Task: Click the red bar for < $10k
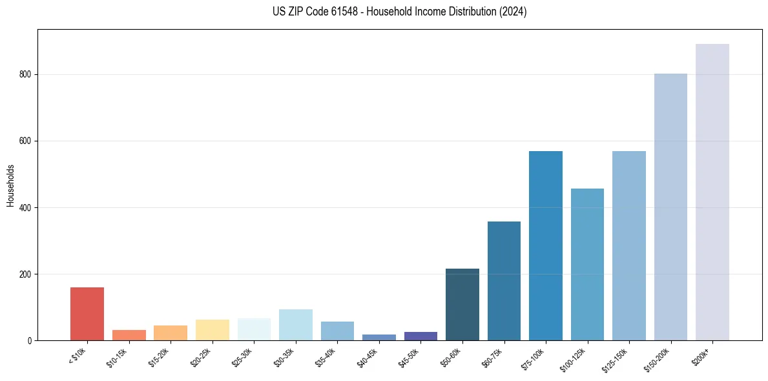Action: [87, 314]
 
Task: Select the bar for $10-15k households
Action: [129, 335]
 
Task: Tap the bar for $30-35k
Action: [296, 325]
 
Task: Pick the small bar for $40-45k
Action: [379, 337]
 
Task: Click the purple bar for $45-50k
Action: [420, 336]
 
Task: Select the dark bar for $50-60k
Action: [462, 304]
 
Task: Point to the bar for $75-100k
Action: [546, 245]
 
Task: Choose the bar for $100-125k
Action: [587, 264]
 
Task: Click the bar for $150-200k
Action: [670, 207]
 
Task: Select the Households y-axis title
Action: [11, 185]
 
